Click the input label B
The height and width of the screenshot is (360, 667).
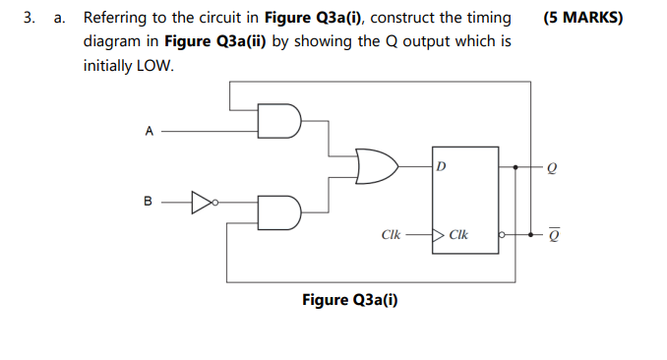(x=149, y=204)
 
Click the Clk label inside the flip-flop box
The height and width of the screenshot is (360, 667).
(x=458, y=236)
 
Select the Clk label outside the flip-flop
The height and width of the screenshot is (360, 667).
(x=390, y=236)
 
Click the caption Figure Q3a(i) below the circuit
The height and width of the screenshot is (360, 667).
(x=349, y=300)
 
